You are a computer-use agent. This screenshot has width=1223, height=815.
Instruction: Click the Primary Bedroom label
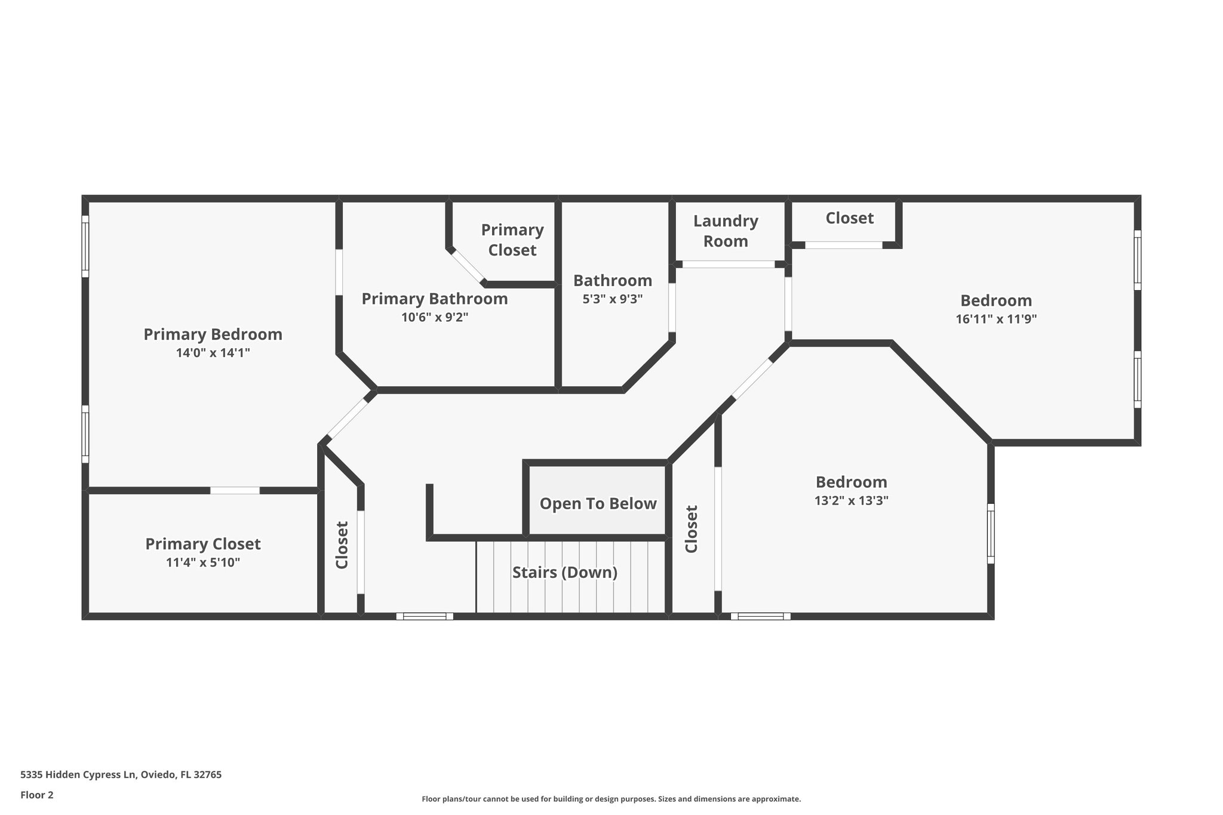pos(213,334)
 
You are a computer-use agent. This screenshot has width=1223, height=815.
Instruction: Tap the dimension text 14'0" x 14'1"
pos(213,353)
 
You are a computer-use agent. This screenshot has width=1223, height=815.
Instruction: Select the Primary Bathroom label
pos(434,299)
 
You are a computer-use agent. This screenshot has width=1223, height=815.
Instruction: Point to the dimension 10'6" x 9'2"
pos(434,317)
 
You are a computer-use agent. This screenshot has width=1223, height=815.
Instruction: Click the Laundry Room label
pos(726,231)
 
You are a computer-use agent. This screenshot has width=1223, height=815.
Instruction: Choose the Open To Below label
pos(598,503)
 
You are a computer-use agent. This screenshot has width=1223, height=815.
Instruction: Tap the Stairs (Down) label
pos(564,573)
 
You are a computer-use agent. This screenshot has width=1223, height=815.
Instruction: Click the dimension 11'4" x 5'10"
pos(203,562)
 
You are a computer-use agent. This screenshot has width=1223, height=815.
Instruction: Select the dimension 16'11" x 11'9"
pos(995,319)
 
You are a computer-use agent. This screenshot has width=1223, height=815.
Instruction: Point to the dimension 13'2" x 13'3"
pos(851,500)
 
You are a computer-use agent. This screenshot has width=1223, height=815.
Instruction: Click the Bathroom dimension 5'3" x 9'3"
pos(612,299)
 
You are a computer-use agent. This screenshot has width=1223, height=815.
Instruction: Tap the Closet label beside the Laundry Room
pos(849,219)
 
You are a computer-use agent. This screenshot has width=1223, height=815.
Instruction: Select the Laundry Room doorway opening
pos(729,264)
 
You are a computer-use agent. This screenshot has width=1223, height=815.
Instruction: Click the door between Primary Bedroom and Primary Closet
pos(235,490)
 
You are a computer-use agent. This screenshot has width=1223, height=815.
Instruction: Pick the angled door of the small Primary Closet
pos(467,266)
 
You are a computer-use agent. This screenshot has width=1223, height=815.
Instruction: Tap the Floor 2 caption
pos(37,795)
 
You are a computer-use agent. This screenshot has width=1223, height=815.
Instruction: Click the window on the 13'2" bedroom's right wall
pos(991,533)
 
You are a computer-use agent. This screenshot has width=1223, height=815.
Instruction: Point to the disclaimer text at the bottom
pos(611,799)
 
